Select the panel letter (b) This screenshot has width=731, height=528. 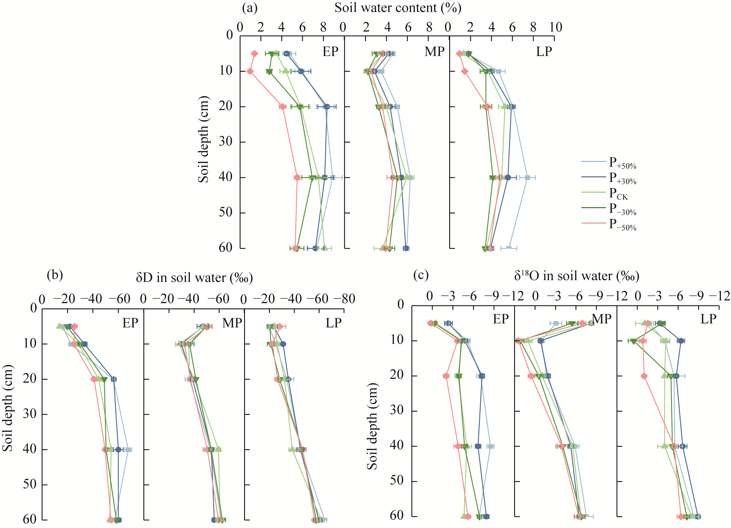pyautogui.click(x=55, y=275)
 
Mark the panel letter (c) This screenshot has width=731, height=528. pyautogui.click(x=421, y=275)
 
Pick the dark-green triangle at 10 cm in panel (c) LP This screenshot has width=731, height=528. pyautogui.click(x=634, y=341)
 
